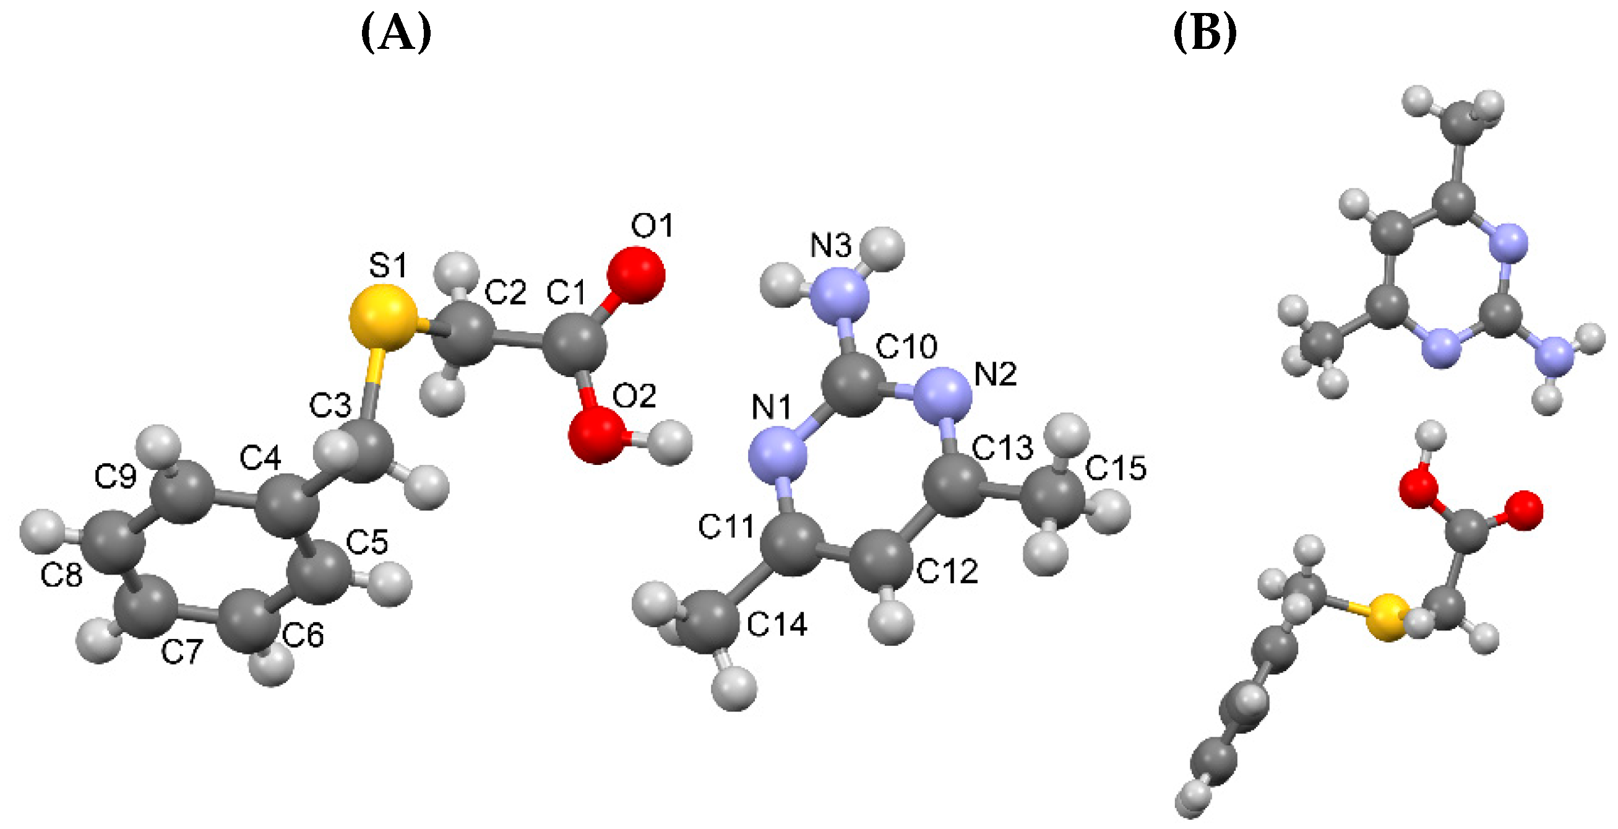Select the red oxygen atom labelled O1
click(635, 276)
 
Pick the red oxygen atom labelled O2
click(596, 434)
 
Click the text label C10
click(906, 346)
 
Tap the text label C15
click(1116, 468)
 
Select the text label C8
click(61, 575)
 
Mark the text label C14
click(777, 625)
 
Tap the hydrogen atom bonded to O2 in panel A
click(669, 443)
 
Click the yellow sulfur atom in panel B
click(1387, 618)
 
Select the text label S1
click(387, 265)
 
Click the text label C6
click(303, 635)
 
